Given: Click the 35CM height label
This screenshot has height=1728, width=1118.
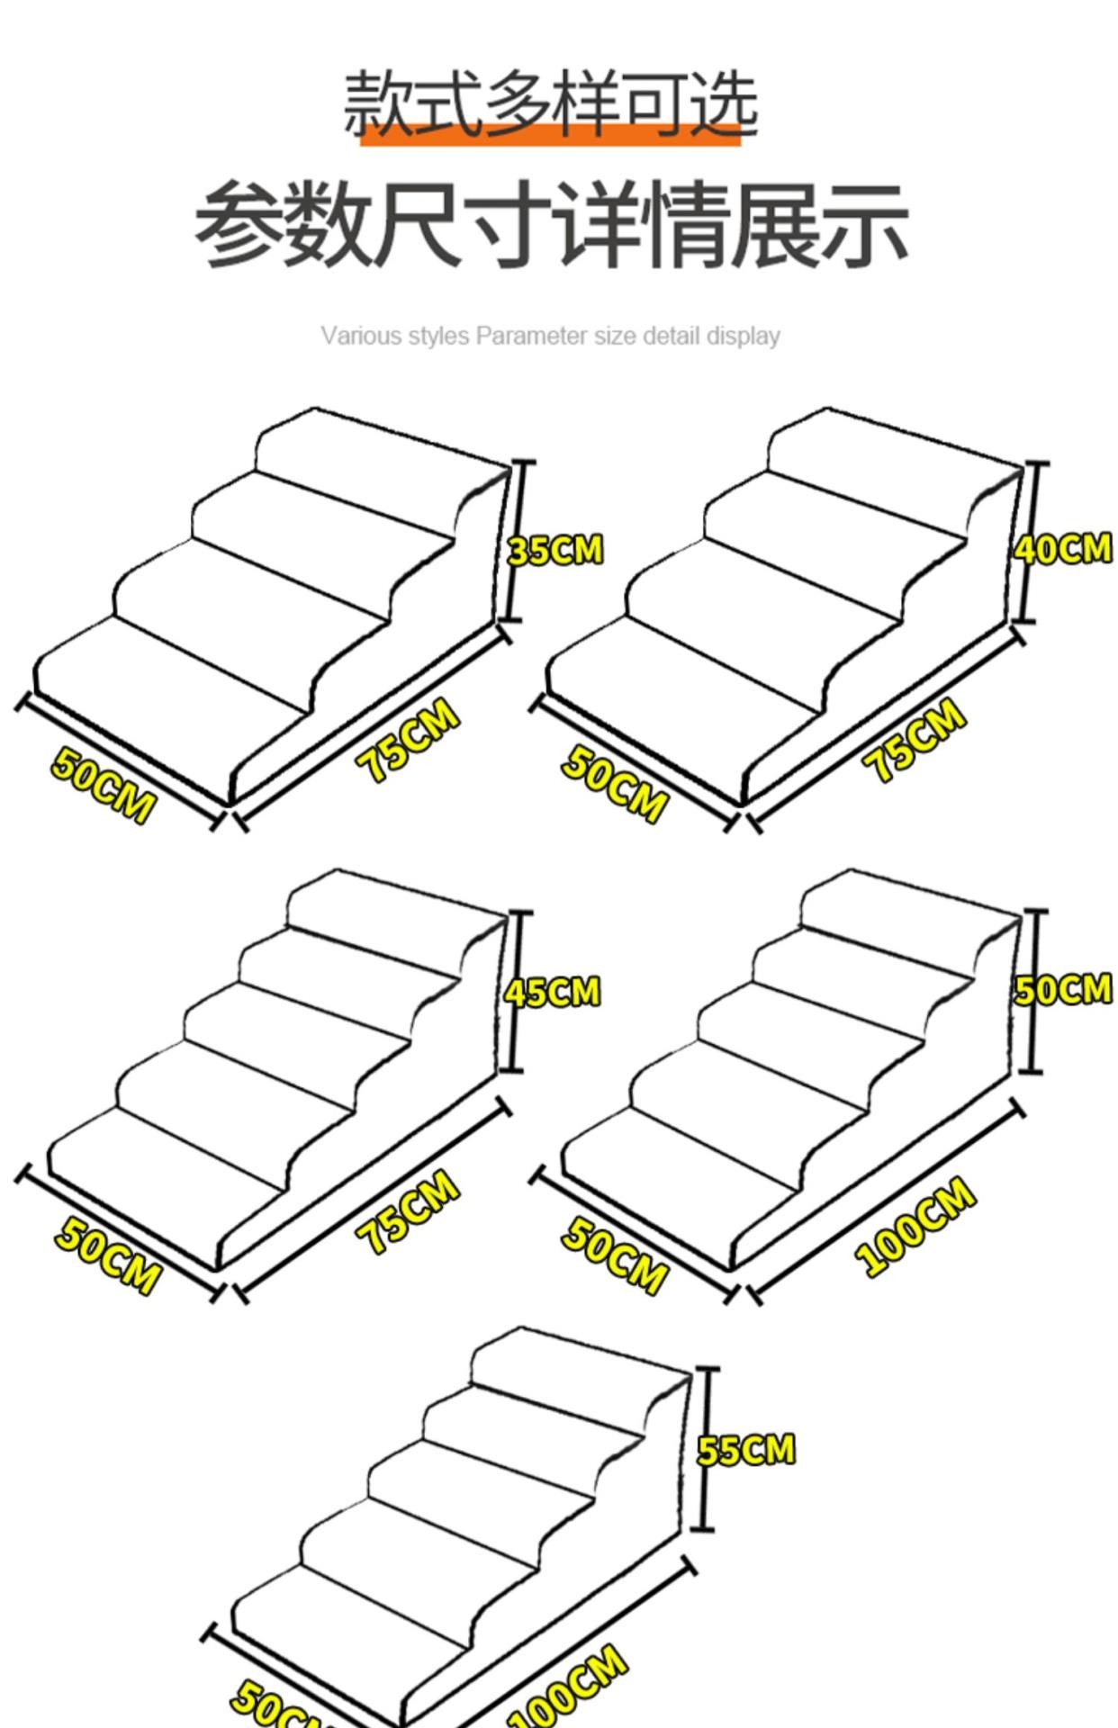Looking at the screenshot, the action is pyautogui.click(x=554, y=550).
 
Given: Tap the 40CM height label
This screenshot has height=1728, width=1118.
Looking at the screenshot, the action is pyautogui.click(x=1063, y=548).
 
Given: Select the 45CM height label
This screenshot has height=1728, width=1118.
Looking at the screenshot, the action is pyautogui.click(x=552, y=992).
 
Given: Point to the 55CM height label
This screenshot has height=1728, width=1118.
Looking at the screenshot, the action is pyautogui.click(x=746, y=1450).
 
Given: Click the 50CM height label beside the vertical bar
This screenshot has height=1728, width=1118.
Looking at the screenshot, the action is pyautogui.click(x=1063, y=989).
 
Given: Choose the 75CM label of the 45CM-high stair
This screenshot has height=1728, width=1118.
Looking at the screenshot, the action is pyautogui.click(x=408, y=1211).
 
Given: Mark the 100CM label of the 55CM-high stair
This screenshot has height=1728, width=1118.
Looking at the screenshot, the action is pyautogui.click(x=567, y=1687).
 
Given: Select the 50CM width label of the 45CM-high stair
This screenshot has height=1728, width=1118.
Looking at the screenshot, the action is pyautogui.click(x=107, y=1255).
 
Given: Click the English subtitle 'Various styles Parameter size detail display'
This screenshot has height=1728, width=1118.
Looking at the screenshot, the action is pyautogui.click(x=550, y=336).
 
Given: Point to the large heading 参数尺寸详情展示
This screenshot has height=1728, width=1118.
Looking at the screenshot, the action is pyautogui.click(x=551, y=223).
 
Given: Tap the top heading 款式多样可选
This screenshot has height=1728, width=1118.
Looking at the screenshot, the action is pyautogui.click(x=550, y=103).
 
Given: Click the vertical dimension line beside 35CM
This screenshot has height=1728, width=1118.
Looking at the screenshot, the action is pyautogui.click(x=514, y=541).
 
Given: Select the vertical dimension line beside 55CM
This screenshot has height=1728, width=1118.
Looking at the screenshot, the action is pyautogui.click(x=706, y=1449).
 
